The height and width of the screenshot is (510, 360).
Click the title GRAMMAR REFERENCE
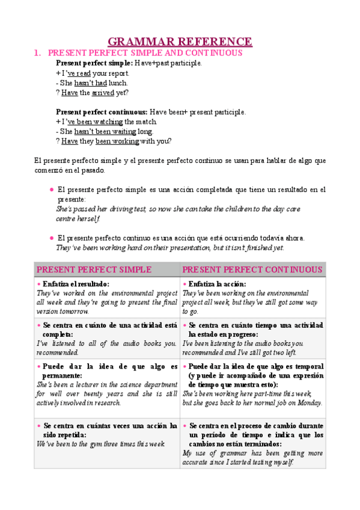coord(180,41)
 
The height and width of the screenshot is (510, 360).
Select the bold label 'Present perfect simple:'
coord(94,63)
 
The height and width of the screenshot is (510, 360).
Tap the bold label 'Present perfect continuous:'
coord(102,112)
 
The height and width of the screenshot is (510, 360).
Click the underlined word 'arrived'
coord(103,93)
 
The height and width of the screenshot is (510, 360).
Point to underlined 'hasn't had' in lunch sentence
coord(90,83)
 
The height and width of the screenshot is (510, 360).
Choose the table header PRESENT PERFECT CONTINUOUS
coord(252,269)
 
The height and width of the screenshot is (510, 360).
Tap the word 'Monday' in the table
coord(309,403)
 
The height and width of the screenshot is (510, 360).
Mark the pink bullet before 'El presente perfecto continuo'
coord(51,238)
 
